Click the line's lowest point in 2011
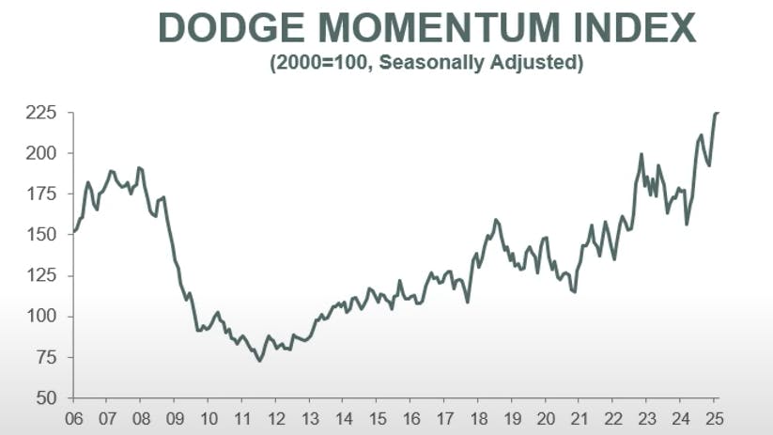pyautogui.click(x=259, y=361)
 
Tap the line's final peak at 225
pyautogui.click(x=717, y=113)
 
